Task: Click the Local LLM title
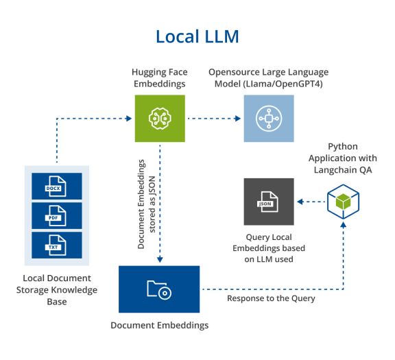197,36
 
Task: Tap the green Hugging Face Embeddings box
160,119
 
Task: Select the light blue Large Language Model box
269,119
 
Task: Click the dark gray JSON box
269,202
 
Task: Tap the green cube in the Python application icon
343,202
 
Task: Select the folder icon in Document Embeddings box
159,289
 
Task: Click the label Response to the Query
271,298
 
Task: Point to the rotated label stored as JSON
152,204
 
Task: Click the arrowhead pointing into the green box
129,119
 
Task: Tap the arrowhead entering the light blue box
238,119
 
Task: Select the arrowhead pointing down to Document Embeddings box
160,259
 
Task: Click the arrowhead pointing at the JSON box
300,202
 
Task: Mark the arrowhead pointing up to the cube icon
343,225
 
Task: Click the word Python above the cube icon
343,147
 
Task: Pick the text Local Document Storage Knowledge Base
57,290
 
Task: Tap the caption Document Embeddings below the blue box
160,325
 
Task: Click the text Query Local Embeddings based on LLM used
269,248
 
